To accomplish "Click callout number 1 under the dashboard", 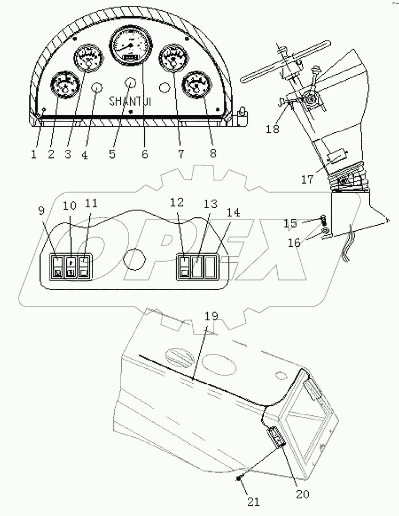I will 34,154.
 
